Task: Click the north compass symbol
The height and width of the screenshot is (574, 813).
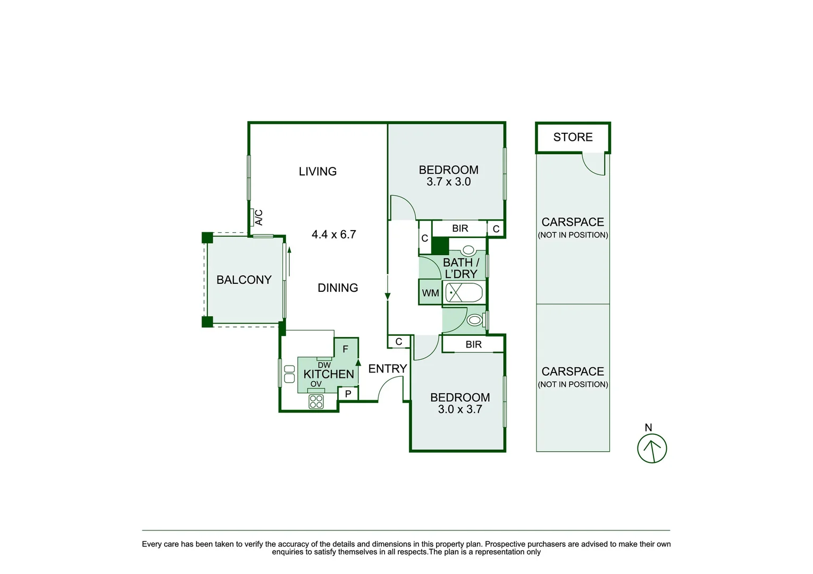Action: click(652, 448)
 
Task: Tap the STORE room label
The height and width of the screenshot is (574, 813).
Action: click(573, 137)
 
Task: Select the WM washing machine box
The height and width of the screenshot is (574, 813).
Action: click(430, 293)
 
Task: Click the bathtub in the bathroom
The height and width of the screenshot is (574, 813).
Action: click(464, 293)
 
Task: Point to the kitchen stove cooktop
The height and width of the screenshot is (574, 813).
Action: click(316, 402)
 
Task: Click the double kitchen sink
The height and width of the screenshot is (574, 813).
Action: click(289, 374)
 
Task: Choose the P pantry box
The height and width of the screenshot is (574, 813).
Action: click(348, 394)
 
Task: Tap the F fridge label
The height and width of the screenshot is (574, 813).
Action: click(346, 349)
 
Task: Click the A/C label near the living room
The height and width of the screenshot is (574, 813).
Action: click(258, 217)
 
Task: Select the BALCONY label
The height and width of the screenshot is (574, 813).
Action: click(244, 280)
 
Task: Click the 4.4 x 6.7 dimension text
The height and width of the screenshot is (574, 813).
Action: click(334, 234)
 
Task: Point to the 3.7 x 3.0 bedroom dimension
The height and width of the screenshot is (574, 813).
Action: click(448, 182)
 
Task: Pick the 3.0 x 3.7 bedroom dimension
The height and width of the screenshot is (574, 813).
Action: click(460, 409)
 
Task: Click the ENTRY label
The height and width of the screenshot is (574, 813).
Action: click(388, 368)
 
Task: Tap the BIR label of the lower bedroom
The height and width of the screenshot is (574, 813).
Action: click(473, 344)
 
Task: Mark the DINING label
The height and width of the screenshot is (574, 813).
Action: click(338, 288)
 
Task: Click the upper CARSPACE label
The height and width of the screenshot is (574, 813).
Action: click(573, 222)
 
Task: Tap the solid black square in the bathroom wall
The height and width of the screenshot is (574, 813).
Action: click(440, 246)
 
